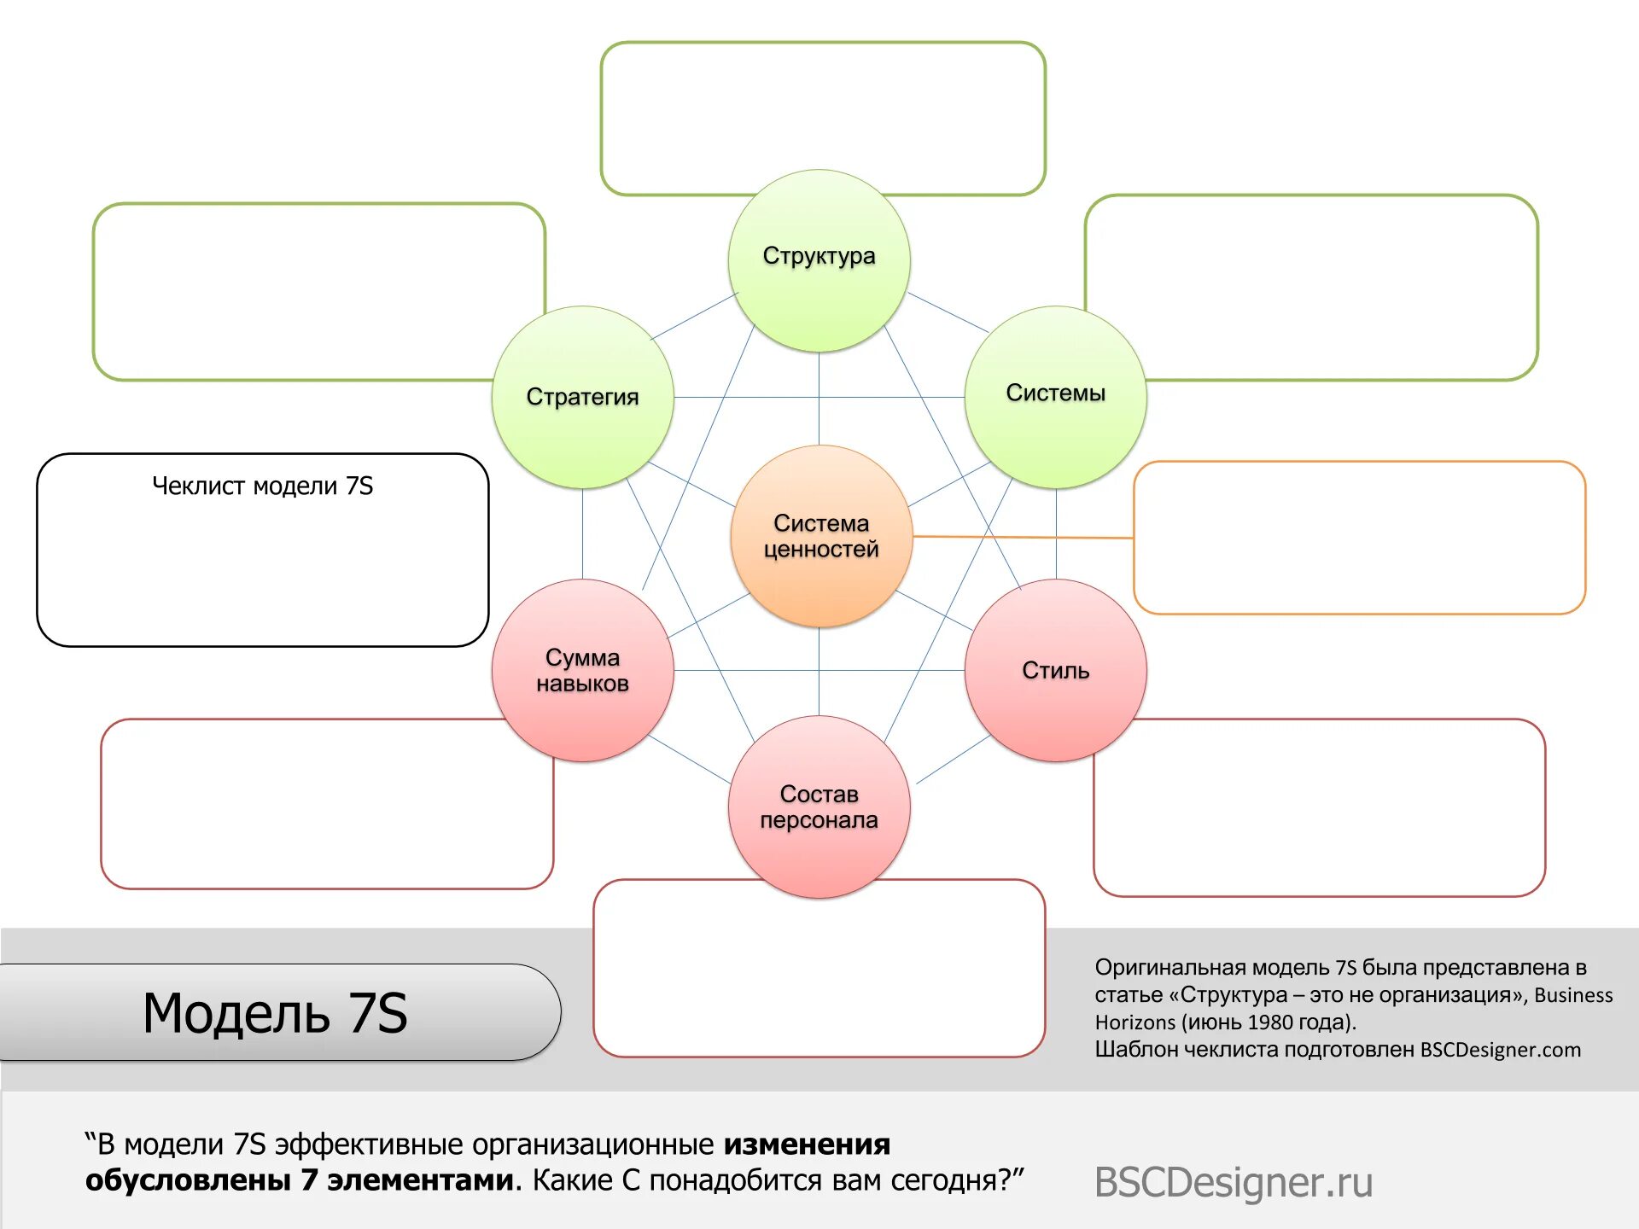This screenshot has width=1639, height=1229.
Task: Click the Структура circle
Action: click(x=819, y=260)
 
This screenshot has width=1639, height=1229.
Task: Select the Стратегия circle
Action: click(x=582, y=397)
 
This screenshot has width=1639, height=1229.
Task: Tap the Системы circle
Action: click(x=1055, y=397)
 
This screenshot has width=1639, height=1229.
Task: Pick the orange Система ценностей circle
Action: click(x=821, y=536)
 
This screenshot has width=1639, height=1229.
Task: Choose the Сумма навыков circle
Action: click(x=582, y=670)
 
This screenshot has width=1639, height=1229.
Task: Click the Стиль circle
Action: click(x=1055, y=670)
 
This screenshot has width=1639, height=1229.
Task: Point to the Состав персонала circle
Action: click(x=819, y=807)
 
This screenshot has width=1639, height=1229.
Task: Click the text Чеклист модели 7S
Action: click(x=262, y=486)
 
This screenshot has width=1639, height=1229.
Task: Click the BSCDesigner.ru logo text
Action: click(x=1233, y=1182)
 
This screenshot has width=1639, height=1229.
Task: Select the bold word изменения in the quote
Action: click(x=807, y=1144)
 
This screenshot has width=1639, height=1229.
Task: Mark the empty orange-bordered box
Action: click(x=1359, y=538)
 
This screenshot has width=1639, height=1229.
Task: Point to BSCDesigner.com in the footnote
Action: click(x=1500, y=1050)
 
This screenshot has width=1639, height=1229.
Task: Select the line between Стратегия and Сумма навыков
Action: click(x=582, y=533)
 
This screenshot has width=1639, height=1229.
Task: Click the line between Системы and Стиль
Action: click(x=1056, y=533)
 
